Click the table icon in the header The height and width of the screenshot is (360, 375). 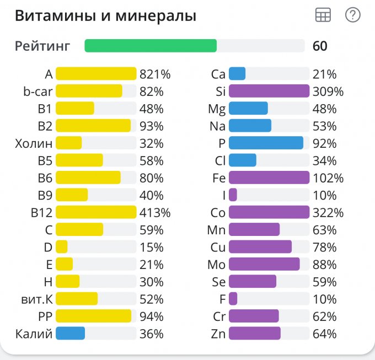[x=323, y=15]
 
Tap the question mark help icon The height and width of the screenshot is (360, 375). [x=352, y=15]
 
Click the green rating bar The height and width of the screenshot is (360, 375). [x=151, y=46]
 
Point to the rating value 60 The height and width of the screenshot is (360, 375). [x=320, y=46]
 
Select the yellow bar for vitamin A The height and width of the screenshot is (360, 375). [x=96, y=74]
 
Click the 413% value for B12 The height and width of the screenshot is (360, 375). [x=155, y=212]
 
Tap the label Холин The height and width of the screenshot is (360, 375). [x=34, y=143]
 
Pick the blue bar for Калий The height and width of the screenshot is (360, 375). [x=70, y=334]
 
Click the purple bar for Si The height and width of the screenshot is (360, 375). [x=269, y=91]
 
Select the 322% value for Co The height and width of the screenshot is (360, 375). [x=328, y=212]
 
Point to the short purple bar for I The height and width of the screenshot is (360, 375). [x=233, y=195]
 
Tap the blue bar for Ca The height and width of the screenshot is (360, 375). [x=237, y=74]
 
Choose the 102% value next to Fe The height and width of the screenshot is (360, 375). [x=328, y=178]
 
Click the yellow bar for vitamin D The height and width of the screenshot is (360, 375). [x=62, y=247]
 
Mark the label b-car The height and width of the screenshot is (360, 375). [x=38, y=92]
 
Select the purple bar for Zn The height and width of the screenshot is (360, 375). [x=254, y=334]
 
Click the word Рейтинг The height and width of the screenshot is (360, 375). [x=42, y=46]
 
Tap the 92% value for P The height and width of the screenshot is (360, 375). [x=324, y=143]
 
